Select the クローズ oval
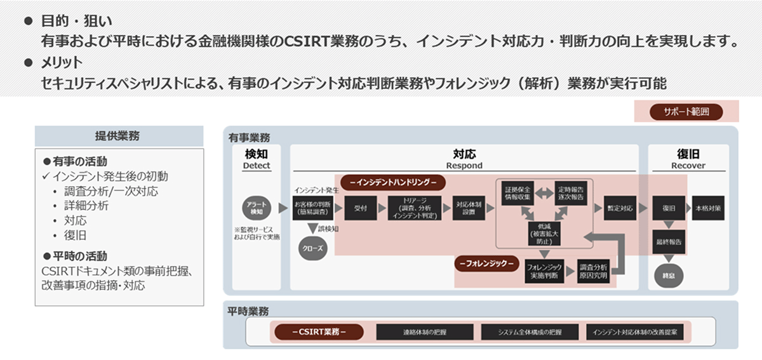point(312,249)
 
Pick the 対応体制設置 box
point(469,208)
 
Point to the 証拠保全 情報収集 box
point(517,191)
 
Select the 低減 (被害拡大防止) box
point(545,233)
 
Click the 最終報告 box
point(669,242)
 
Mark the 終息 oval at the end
point(669,276)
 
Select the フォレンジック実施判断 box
point(544,272)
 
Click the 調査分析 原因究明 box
point(593,272)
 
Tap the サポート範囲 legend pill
point(686,112)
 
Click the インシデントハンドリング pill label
point(393,182)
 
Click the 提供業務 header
point(118,136)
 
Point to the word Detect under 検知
point(257,165)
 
